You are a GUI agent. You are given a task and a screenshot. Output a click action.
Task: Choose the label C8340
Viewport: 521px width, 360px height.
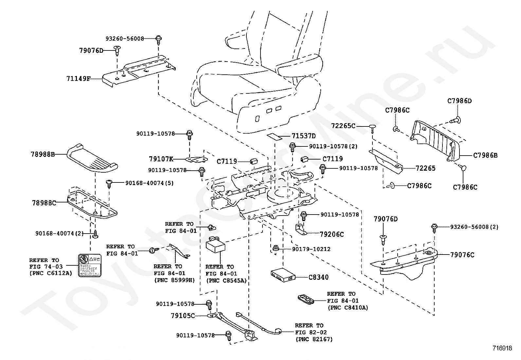click(x=318, y=277)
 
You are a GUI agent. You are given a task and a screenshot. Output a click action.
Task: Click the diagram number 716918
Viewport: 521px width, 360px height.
click(x=502, y=348)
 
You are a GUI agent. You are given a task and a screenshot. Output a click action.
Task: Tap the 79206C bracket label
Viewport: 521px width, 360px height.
click(x=332, y=234)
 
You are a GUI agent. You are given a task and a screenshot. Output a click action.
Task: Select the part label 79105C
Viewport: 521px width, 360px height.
click(x=183, y=316)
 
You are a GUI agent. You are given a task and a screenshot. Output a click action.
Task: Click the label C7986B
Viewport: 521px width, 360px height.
click(x=485, y=155)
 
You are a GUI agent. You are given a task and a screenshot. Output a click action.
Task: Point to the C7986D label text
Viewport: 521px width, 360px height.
click(x=459, y=101)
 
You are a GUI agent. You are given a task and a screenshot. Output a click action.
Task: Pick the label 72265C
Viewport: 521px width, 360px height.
click(x=343, y=126)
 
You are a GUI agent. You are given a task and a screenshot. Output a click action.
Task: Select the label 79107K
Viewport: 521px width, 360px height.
click(x=161, y=159)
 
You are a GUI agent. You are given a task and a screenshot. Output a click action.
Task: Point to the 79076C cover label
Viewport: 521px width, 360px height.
click(x=462, y=255)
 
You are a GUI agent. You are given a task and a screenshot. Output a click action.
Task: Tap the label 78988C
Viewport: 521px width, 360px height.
click(x=44, y=203)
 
